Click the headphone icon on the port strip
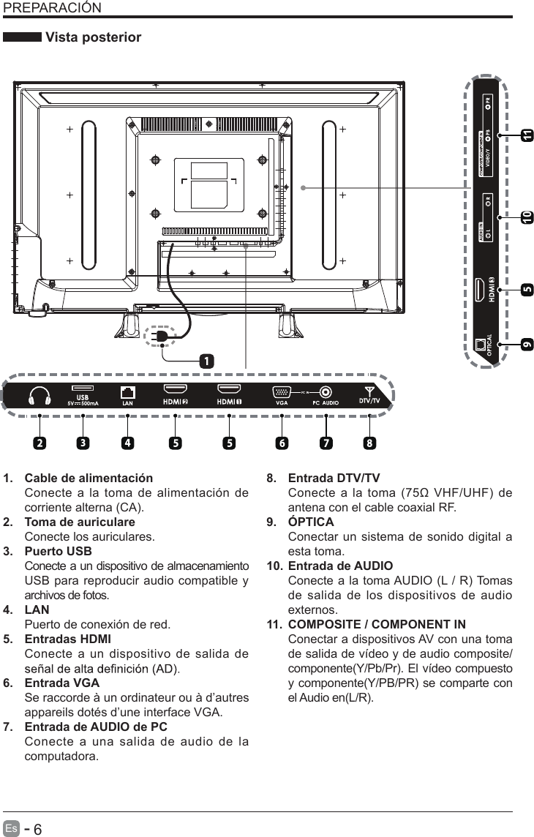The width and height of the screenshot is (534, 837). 40,396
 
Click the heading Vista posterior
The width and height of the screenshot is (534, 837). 93,37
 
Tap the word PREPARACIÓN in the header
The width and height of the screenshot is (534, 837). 52,8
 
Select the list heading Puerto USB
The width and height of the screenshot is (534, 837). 59,551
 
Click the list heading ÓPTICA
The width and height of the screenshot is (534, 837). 311,522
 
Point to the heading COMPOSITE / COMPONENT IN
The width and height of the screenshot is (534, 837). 377,624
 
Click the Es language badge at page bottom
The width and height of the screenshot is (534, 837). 10,828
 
